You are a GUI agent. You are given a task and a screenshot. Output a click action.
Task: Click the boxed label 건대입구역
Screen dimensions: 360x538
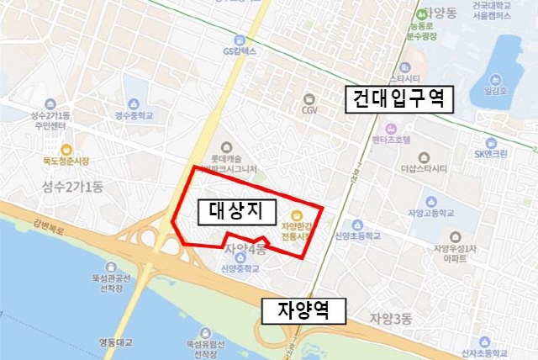click(x=400, y=101)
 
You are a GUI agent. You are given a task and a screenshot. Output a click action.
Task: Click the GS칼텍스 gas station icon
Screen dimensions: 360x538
click(x=240, y=40)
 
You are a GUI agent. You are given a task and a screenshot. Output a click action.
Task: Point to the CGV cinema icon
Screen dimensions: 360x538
click(x=309, y=98)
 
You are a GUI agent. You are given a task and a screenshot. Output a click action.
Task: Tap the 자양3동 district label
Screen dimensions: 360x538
click(x=391, y=318)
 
